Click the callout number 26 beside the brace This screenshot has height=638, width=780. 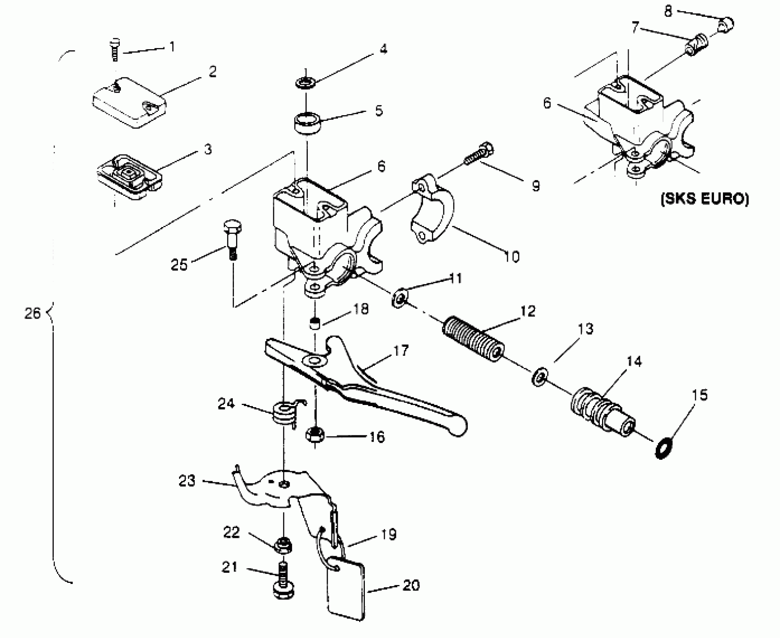(x=32, y=313)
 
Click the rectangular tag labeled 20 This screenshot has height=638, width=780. (x=346, y=590)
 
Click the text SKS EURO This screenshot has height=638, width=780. (x=704, y=199)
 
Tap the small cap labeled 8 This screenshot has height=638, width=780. (x=725, y=26)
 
